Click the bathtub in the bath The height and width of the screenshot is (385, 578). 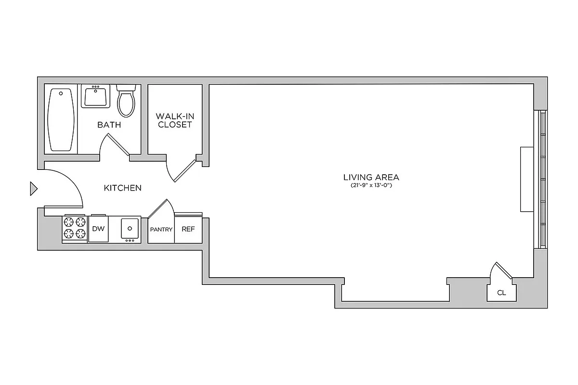click(62, 119)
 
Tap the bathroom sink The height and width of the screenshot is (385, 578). click(95, 96)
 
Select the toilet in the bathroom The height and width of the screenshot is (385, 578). click(126, 102)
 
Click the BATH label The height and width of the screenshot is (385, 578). click(109, 125)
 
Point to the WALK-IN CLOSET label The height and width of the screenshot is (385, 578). click(174, 121)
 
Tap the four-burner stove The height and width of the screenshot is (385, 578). click(74, 229)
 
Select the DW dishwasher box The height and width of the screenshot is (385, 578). click(98, 229)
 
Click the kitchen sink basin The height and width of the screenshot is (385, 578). click(130, 229)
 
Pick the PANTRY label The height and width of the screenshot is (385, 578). click(161, 230)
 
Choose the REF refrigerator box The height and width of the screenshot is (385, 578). click(188, 229)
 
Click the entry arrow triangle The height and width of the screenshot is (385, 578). click(33, 189)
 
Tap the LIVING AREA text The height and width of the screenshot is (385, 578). click(371, 177)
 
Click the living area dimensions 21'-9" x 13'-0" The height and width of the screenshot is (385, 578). click(371, 185)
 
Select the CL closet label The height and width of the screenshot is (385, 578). click(501, 293)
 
